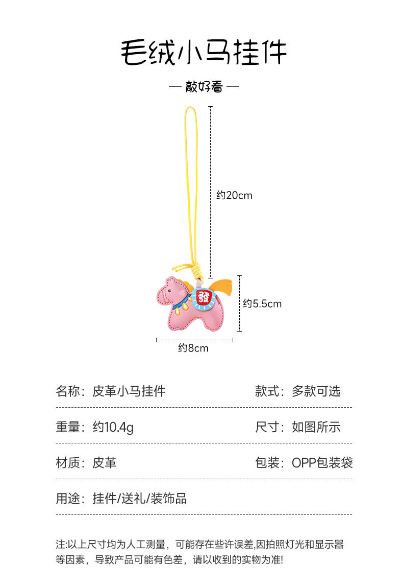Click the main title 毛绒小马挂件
[203, 52]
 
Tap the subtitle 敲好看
[204, 87]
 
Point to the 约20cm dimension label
[234, 196]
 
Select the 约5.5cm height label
[262, 304]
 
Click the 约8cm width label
[193, 348]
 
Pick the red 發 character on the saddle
[204, 297]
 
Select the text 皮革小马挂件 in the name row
[129, 392]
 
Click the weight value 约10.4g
[113, 427]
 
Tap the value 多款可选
[316, 392]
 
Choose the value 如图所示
[316, 427]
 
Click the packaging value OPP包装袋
[322, 463]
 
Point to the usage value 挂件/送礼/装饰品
[140, 499]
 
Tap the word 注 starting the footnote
[60, 545]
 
